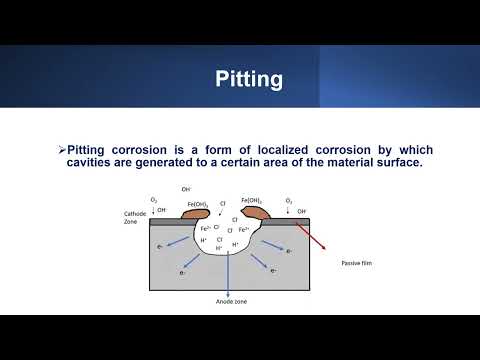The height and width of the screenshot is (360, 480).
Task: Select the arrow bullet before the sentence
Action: [61, 150]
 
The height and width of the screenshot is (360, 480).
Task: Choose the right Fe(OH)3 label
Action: [251, 200]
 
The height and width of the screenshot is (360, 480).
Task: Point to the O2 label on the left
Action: [153, 201]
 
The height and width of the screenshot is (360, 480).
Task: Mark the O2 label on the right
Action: [289, 201]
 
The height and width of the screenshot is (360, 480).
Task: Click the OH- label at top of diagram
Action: [186, 189]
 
